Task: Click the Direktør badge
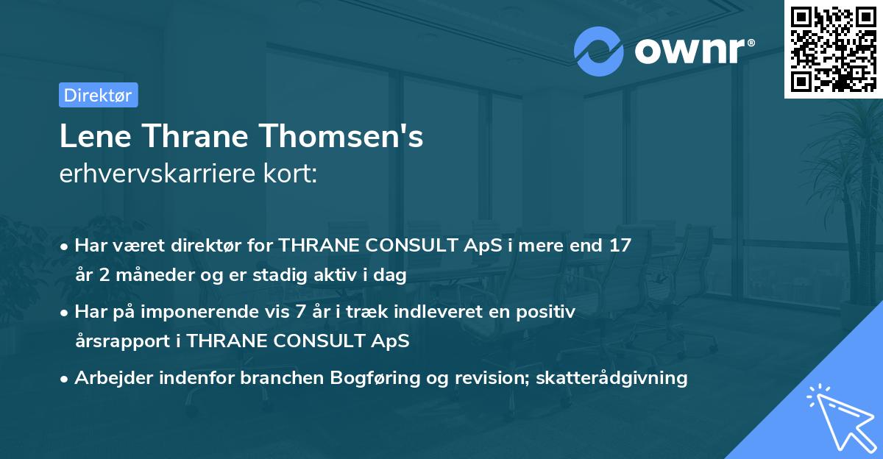point(98,95)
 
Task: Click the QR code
point(833,49)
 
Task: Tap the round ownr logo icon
point(598,51)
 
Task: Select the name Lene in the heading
point(88,138)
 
